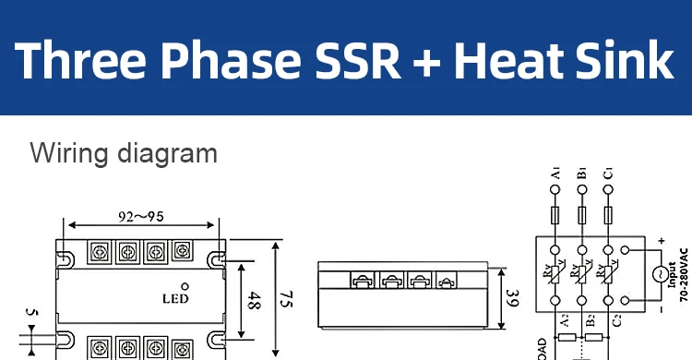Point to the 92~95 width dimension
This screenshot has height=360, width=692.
[x=142, y=218]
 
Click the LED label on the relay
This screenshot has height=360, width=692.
[x=174, y=298]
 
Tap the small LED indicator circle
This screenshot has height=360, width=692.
[x=185, y=285]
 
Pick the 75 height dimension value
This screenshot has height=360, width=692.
[x=286, y=299]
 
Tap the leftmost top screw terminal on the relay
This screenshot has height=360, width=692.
[x=99, y=249]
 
